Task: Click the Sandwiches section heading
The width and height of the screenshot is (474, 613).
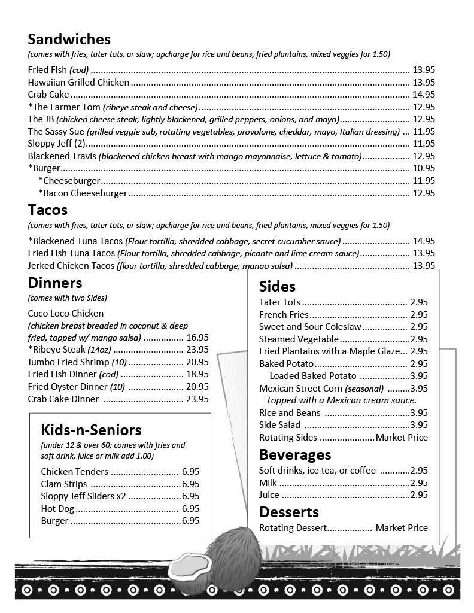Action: point(69,40)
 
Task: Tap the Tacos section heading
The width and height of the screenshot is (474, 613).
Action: point(47,211)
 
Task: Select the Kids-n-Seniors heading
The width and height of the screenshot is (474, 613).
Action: point(91,430)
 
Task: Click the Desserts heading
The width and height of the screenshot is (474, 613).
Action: point(288,512)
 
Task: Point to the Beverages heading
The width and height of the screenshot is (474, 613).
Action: point(294,454)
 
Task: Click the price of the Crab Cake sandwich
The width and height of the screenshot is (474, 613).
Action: point(424,95)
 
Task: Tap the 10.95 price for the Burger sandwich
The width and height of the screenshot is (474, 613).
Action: point(424,168)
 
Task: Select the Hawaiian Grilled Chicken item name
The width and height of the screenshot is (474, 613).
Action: point(78,83)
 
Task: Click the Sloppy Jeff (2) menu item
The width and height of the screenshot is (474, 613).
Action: point(57,144)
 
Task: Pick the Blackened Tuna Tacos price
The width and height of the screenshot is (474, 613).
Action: point(424,241)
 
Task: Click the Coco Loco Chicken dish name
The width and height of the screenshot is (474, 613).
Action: point(66,314)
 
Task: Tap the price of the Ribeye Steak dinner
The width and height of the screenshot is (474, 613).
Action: point(197,350)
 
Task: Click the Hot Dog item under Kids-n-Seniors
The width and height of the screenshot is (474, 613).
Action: point(58,509)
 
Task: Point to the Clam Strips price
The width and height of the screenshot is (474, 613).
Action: point(190,484)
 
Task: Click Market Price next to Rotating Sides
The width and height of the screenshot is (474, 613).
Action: point(402,438)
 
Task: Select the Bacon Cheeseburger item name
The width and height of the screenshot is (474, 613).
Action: point(83,193)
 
